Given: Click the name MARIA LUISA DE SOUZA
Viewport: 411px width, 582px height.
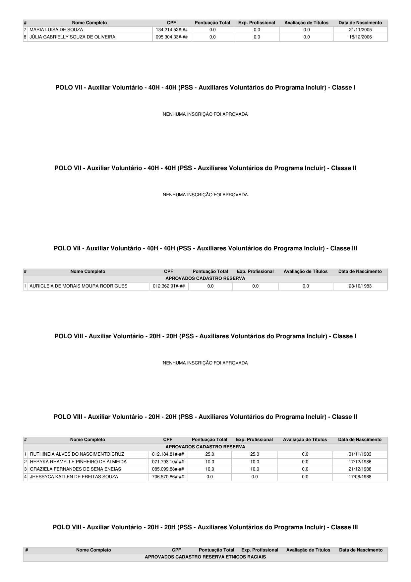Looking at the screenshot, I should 56,30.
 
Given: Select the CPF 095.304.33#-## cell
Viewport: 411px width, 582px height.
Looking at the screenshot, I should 172,37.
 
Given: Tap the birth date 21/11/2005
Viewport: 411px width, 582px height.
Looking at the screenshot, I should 360,30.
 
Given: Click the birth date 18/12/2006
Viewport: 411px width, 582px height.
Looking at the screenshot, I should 360,37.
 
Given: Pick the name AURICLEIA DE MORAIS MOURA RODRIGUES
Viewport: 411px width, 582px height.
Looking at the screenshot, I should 79,286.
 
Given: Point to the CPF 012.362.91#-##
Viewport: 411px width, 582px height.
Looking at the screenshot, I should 169,286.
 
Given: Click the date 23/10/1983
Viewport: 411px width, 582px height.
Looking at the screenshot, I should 360,286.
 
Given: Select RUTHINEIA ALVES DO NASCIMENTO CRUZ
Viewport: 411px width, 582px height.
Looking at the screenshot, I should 77,454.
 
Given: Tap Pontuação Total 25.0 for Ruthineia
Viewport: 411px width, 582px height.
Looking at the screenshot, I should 210,454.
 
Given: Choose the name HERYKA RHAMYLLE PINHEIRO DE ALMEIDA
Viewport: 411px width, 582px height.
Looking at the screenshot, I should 78,462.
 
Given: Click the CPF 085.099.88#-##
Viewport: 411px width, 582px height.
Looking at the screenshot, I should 168,469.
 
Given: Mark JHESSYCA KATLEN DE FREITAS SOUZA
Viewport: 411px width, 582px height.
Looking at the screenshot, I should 74,477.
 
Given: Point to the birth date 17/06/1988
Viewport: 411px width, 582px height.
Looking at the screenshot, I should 360,477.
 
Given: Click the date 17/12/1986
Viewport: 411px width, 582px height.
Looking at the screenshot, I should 360,462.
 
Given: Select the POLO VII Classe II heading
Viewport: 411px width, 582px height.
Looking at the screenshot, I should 205,168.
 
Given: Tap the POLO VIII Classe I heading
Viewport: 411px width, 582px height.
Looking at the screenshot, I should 205,336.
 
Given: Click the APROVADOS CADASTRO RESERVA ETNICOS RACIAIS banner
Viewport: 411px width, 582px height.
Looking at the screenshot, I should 205,557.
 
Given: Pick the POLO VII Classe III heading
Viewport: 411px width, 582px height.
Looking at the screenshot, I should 205,248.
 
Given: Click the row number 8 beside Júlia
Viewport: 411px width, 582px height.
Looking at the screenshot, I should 25,37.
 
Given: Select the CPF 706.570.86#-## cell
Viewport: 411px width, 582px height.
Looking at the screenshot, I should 168,477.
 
